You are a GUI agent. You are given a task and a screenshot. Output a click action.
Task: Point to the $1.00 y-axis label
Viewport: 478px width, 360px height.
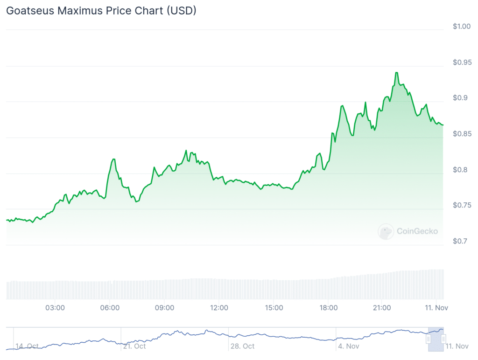click(462, 26)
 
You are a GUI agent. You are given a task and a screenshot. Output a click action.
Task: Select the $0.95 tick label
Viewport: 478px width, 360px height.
click(462, 62)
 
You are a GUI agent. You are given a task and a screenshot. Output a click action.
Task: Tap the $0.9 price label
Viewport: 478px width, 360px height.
click(460, 98)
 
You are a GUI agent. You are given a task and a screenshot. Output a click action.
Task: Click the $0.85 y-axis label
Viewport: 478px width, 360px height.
click(462, 134)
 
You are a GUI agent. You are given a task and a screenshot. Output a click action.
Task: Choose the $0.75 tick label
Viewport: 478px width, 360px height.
click(462, 206)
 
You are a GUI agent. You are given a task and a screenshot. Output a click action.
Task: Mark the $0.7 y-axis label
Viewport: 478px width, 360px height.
click(460, 241)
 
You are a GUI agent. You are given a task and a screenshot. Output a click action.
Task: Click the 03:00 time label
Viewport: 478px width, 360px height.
click(55, 308)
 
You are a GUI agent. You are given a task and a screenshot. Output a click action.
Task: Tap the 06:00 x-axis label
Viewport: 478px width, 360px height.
click(110, 308)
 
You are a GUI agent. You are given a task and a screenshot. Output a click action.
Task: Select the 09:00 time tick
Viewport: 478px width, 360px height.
click(164, 308)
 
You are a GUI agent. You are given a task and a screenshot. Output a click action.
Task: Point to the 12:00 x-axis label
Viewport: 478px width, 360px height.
click(219, 308)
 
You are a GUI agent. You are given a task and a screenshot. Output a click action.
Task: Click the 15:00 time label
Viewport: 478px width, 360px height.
click(274, 308)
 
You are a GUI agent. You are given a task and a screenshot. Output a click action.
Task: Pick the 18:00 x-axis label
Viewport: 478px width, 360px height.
click(329, 308)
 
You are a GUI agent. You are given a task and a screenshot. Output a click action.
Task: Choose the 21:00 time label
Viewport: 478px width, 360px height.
click(382, 308)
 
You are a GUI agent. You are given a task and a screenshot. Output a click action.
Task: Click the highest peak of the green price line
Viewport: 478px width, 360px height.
click(396, 73)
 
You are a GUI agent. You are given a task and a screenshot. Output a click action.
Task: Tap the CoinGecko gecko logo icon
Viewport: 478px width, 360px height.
click(386, 231)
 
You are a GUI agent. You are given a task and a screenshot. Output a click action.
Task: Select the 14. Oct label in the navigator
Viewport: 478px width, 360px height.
click(27, 346)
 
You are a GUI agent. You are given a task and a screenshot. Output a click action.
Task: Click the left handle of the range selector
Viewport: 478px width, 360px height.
click(428, 339)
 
